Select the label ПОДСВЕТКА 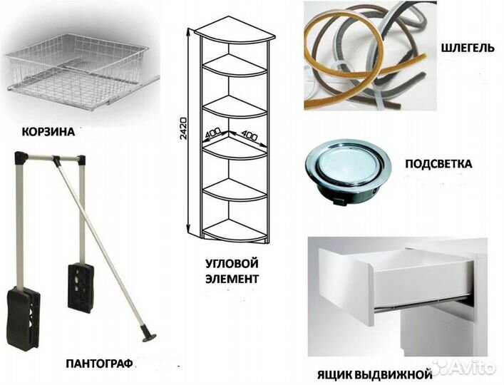click(438, 163)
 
